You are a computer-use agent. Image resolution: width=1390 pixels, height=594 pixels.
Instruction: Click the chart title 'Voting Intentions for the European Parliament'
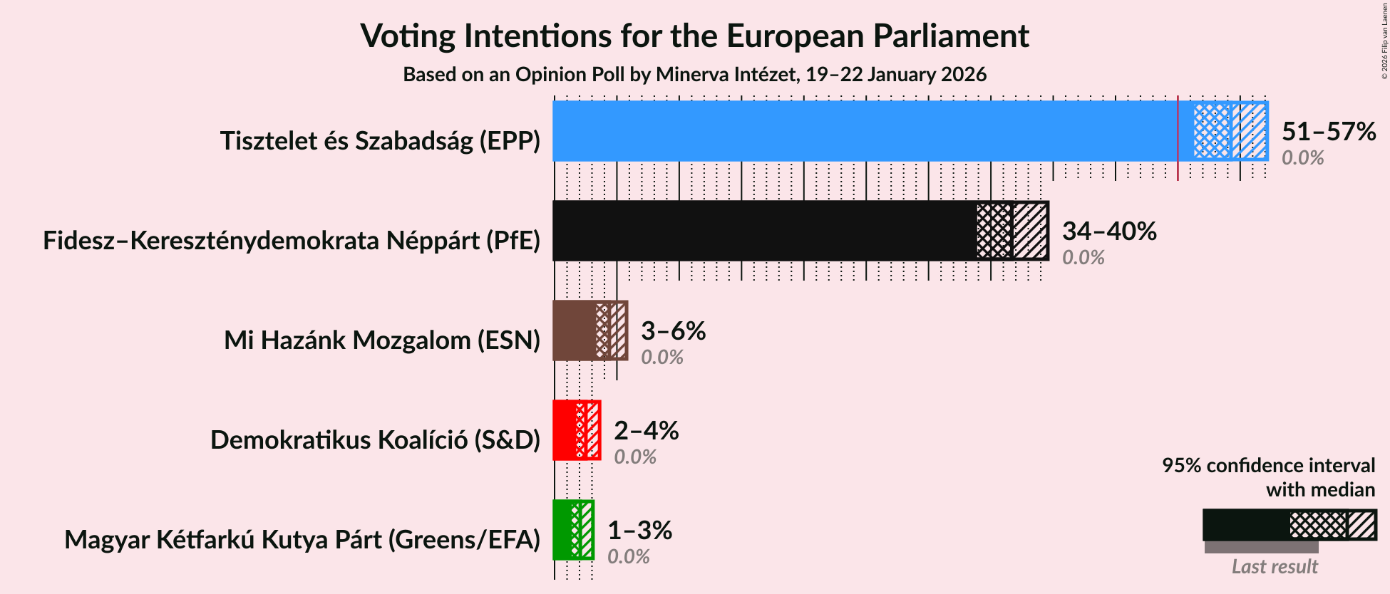point(694,36)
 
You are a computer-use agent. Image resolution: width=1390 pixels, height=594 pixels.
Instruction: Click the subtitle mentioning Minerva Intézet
point(694,75)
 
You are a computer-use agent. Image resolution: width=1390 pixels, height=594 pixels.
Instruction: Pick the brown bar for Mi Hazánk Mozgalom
point(575,330)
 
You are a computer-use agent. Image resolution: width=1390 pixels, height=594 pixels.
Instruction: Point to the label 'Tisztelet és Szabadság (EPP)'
point(380,141)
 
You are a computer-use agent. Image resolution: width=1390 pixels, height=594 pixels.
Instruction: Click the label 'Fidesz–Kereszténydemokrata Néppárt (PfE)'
point(292,241)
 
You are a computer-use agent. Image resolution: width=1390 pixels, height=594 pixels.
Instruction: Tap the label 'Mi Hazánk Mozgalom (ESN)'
point(382,340)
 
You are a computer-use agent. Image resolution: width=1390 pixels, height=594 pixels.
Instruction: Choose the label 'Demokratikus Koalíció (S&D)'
point(375,440)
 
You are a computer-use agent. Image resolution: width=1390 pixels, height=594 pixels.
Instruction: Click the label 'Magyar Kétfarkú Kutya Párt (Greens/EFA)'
point(302,540)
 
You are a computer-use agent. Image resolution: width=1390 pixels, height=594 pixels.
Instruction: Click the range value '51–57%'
point(1328,132)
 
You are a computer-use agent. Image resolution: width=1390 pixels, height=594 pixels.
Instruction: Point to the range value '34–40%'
point(1108,231)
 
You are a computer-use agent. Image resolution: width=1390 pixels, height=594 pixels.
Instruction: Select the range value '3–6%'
point(673,331)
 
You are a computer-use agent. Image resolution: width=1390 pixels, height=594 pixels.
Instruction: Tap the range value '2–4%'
point(646,431)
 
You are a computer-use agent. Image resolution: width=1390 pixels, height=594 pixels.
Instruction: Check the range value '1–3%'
point(639,531)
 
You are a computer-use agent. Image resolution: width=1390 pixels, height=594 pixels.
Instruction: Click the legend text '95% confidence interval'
point(1268,466)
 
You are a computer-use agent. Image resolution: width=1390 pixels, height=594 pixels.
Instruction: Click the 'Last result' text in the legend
point(1275,567)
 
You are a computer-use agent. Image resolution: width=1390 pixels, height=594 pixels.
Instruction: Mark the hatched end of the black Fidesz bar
point(1030,231)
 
